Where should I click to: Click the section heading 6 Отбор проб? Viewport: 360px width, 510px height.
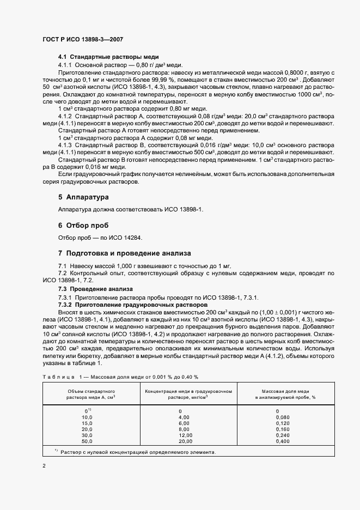coord(83,225)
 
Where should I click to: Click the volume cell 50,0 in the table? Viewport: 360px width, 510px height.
coord(87,441)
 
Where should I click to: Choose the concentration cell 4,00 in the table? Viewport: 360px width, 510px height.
coord(184,417)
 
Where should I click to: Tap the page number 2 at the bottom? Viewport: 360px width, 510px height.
coord(44,466)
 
